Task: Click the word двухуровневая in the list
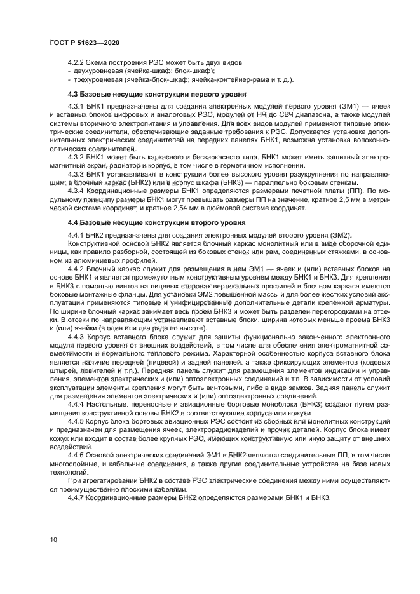[x=97, y=72]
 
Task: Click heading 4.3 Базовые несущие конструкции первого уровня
[x=141, y=93]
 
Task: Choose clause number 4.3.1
[x=76, y=104]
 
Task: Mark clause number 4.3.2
[x=76, y=156]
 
